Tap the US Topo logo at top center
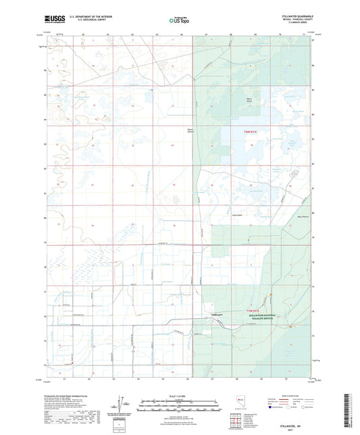click(x=180, y=20)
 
